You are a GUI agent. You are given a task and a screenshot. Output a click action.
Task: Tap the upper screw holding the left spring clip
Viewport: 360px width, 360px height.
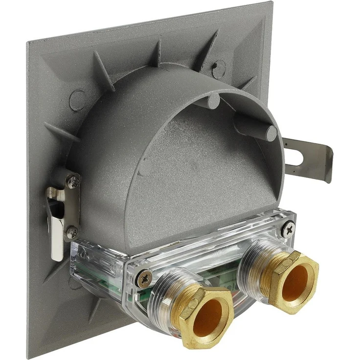click(73, 182)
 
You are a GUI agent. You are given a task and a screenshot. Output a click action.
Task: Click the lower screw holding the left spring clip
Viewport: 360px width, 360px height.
click(71, 231)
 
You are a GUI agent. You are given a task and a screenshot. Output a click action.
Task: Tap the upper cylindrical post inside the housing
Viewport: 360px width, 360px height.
click(213, 101)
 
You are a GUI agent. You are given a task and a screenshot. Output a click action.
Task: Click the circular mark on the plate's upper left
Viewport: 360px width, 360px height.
click(77, 99)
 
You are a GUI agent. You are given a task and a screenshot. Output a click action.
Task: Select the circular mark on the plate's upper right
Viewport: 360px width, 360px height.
click(219, 68)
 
